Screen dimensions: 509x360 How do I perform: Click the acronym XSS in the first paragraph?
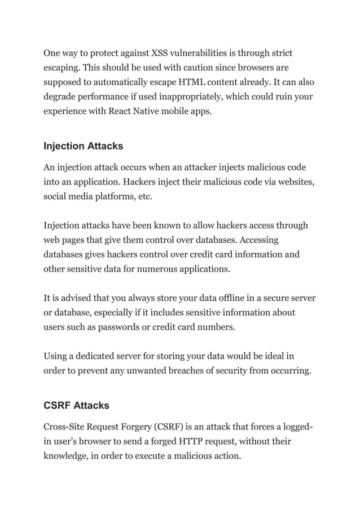tap(160, 54)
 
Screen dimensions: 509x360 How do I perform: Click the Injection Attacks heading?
tap(84, 146)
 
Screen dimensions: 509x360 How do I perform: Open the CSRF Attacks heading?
tap(77, 405)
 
